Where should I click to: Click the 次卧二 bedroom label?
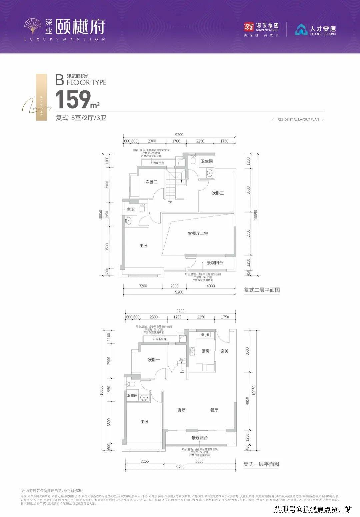pyautogui.click(x=151, y=182)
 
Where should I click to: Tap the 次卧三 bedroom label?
pyautogui.click(x=218, y=193)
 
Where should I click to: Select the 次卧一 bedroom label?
pyautogui.click(x=154, y=360)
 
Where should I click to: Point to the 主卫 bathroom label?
pyautogui.click(x=131, y=210)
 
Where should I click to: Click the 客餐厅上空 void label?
pyautogui.click(x=198, y=234)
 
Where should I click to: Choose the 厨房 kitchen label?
pyautogui.click(x=205, y=351)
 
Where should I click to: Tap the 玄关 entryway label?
pyautogui.click(x=224, y=351)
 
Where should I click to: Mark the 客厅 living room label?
pyautogui.click(x=181, y=410)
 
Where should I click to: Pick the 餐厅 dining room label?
pyautogui.click(x=214, y=410)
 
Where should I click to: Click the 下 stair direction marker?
pyautogui.click(x=170, y=203)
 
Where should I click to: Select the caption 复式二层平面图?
pyautogui.click(x=262, y=290)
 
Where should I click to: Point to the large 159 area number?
pyautogui.click(x=73, y=100)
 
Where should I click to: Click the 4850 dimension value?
pyautogui.click(x=247, y=402)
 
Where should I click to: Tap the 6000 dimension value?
pyautogui.click(x=199, y=462)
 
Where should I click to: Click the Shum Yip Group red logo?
pyautogui.click(x=249, y=27)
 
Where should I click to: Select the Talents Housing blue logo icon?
pyautogui.click(x=301, y=29)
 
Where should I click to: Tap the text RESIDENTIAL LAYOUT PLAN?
pyautogui.click(x=298, y=119)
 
